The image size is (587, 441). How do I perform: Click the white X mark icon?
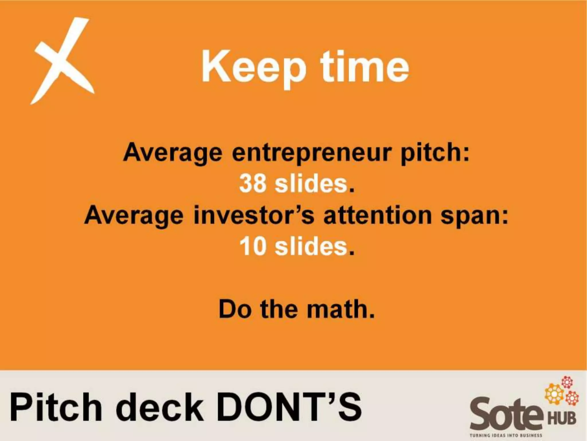click(62, 61)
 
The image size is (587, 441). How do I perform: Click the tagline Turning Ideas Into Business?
click(506, 435)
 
